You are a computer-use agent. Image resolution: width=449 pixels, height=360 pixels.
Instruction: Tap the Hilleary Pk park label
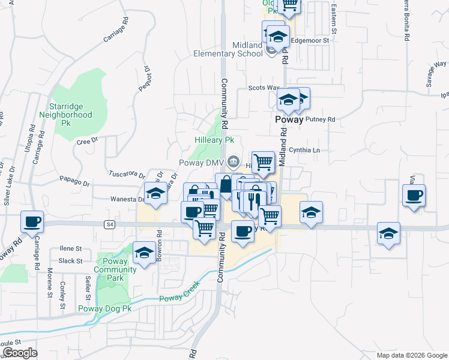214,140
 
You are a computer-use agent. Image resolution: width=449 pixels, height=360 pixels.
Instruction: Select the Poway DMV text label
202,162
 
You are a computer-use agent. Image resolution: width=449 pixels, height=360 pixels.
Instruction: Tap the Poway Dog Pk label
104,309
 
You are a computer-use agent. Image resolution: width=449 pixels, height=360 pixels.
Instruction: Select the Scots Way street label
264,88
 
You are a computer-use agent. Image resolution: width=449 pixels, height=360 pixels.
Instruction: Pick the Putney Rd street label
320,119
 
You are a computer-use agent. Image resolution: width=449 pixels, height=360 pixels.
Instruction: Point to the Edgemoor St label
310,40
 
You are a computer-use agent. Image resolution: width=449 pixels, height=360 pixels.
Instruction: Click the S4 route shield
109,224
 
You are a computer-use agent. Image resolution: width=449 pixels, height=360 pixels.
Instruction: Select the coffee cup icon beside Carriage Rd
32,221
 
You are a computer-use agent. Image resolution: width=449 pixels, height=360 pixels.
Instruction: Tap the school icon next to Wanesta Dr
155,193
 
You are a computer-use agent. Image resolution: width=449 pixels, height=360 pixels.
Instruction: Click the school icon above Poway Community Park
144,253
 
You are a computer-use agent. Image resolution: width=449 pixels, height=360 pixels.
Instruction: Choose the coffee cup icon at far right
414,196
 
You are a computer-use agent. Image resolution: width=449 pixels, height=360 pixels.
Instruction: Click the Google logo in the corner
20,353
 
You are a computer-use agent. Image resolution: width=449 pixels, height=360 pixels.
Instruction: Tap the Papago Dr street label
74,179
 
